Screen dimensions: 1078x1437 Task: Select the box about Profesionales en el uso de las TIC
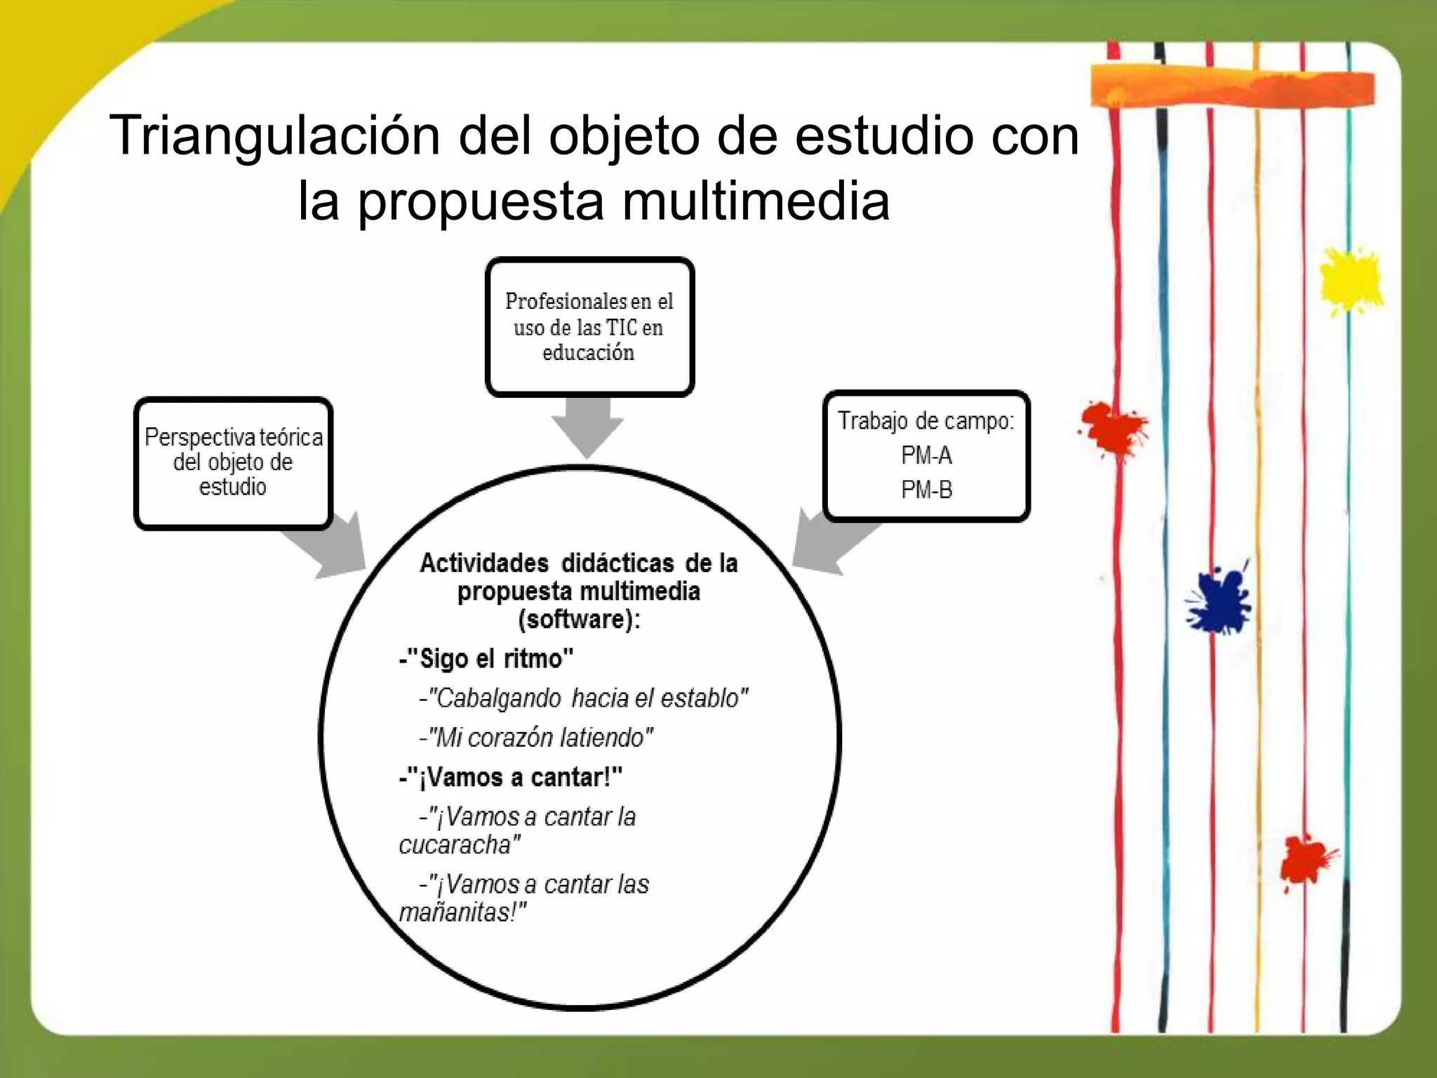589,327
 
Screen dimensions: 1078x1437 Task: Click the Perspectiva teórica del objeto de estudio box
233,463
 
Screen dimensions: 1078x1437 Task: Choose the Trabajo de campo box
926,455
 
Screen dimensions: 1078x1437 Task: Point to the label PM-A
926,456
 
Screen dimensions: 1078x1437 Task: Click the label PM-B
926,490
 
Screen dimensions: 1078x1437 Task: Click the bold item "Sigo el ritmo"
486,659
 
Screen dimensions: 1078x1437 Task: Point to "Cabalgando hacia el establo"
584,698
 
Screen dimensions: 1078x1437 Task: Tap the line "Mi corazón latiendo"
537,738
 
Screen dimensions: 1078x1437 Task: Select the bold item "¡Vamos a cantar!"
511,778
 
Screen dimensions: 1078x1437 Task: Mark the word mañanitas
462,912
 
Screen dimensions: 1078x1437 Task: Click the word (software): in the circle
579,620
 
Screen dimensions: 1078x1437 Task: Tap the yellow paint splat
1349,280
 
